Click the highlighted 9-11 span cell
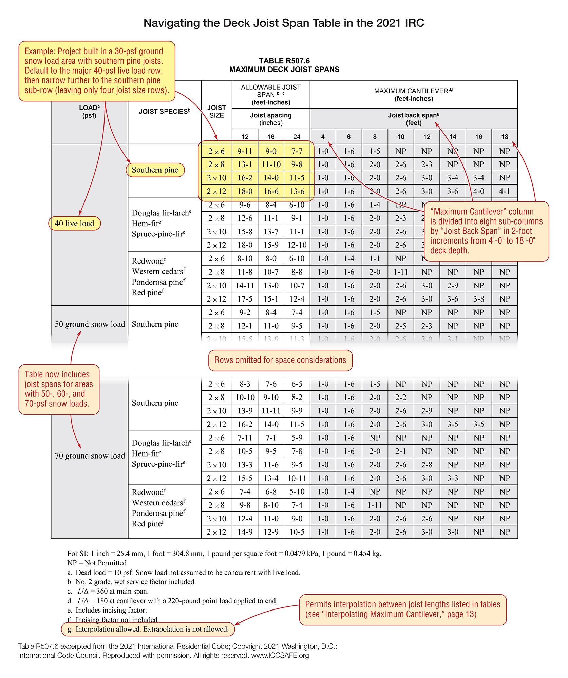pos(245,151)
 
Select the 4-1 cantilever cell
pos(504,191)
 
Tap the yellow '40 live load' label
pos(75,224)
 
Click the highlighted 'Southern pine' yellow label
pos(155,170)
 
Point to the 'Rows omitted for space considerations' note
pos(280,360)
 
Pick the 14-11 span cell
pos(245,286)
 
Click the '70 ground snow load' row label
pos(90,456)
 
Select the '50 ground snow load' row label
pos(90,324)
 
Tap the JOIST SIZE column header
pos(216,112)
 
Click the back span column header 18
pos(505,137)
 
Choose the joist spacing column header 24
pos(297,137)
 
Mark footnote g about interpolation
pos(148,629)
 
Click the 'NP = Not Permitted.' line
pos(98,563)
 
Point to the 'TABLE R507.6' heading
pos(284,61)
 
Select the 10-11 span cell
pos(297,478)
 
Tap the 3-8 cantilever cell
pos(478,299)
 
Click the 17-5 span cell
pos(245,299)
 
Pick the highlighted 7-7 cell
pos(297,151)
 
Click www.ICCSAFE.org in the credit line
pos(281,655)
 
